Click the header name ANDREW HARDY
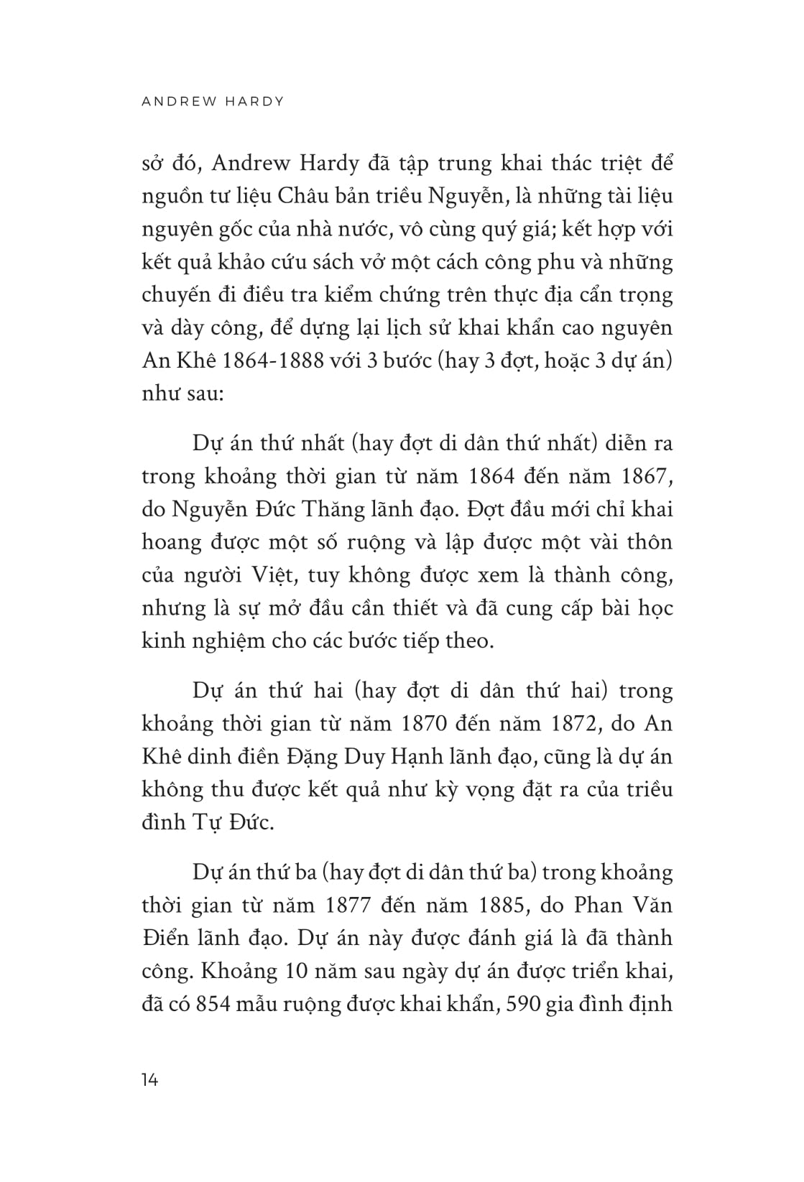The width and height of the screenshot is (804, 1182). tap(213, 101)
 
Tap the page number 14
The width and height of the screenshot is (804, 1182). tap(150, 1079)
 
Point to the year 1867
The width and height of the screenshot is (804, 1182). tap(638, 476)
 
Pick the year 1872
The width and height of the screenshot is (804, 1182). tap(571, 723)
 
